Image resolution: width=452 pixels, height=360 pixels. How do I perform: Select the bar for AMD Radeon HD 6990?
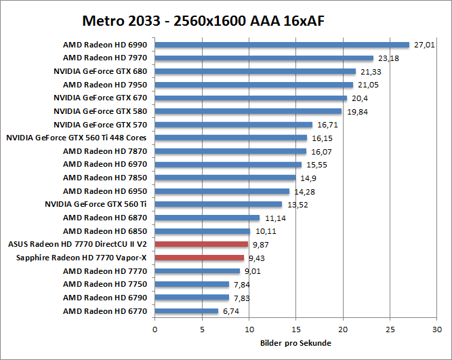point(282,45)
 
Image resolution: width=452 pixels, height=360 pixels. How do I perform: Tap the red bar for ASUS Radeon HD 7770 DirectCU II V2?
point(201,244)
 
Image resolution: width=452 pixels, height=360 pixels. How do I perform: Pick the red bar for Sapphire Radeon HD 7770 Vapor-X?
point(199,258)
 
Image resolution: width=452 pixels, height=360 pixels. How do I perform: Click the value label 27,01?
point(424,45)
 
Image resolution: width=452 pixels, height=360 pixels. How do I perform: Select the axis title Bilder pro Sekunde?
point(295,343)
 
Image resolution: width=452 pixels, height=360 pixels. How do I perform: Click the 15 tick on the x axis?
point(296,329)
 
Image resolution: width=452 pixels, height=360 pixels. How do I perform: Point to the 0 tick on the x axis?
point(155,329)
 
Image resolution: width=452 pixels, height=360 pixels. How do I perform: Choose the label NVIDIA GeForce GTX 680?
point(100,71)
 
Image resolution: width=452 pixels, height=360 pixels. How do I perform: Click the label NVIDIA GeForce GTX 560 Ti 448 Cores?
point(77,138)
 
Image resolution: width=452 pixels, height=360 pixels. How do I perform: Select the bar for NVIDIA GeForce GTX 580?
point(248,111)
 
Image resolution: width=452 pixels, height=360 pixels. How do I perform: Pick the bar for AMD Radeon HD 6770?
point(186,311)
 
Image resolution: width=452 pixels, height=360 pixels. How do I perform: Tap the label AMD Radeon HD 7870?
point(105,151)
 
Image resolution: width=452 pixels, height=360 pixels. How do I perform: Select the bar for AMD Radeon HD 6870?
point(207,218)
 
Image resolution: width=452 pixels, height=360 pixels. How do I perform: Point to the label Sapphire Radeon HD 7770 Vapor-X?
point(81,258)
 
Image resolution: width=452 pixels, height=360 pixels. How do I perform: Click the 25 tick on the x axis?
point(390,329)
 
